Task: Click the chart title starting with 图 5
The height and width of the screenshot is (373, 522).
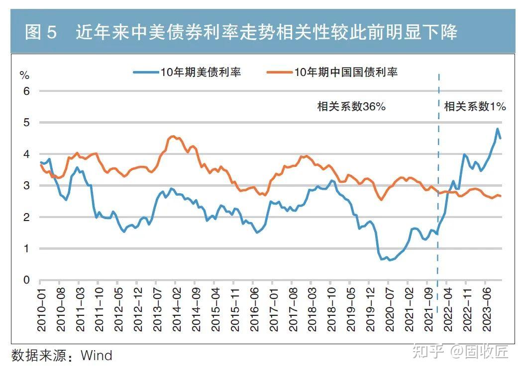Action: point(241,33)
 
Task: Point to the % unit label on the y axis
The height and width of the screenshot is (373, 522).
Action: point(24,75)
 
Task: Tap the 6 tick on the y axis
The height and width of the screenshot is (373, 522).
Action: point(27,91)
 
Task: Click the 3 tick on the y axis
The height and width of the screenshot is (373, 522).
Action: point(27,186)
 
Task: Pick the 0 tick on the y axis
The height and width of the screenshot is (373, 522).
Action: point(27,280)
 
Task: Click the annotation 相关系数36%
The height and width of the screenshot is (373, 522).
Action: point(351,106)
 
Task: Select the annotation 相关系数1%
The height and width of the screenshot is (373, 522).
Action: point(474,106)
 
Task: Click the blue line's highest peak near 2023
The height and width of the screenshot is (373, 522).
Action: point(497,129)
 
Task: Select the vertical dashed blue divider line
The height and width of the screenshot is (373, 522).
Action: point(438,199)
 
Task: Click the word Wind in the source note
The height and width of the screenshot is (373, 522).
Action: point(97,356)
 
